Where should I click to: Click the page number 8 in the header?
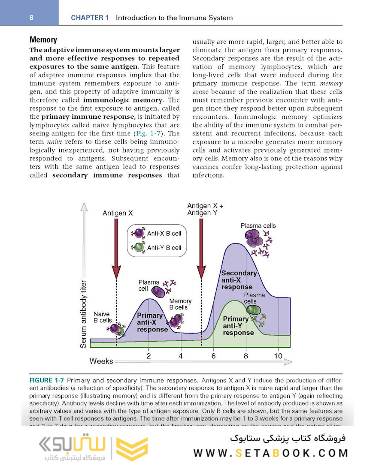click(x=31, y=18)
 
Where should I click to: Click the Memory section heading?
click(x=43, y=40)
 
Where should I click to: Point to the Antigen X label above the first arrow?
click(x=117, y=213)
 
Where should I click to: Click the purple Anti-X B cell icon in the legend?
click(x=138, y=233)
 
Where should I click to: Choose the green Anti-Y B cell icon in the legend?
click(x=138, y=247)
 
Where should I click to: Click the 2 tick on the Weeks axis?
click(x=149, y=356)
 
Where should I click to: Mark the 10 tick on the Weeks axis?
click(x=278, y=356)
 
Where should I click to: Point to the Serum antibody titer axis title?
click(x=84, y=314)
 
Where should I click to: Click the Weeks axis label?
click(x=101, y=361)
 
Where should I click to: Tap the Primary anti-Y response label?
click(x=237, y=326)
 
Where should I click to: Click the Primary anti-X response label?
click(x=152, y=323)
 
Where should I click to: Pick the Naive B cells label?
click(x=102, y=317)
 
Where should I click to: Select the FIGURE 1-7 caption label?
click(x=47, y=380)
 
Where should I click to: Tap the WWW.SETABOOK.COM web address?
click(x=270, y=453)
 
